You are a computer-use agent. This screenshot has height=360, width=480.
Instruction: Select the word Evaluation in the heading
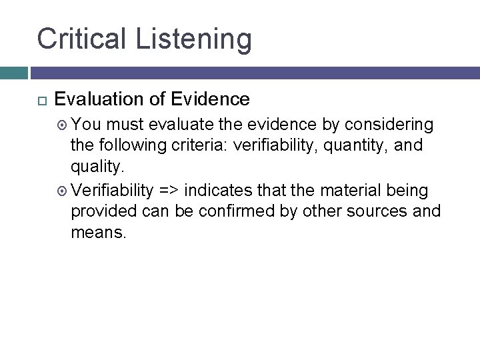coord(99,100)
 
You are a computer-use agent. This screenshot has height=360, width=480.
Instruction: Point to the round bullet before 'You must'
coord(63,125)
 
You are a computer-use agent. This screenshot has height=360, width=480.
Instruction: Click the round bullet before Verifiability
coord(63,191)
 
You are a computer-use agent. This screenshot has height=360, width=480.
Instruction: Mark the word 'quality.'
coord(97,167)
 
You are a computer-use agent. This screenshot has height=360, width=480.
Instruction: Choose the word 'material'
coord(345,191)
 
